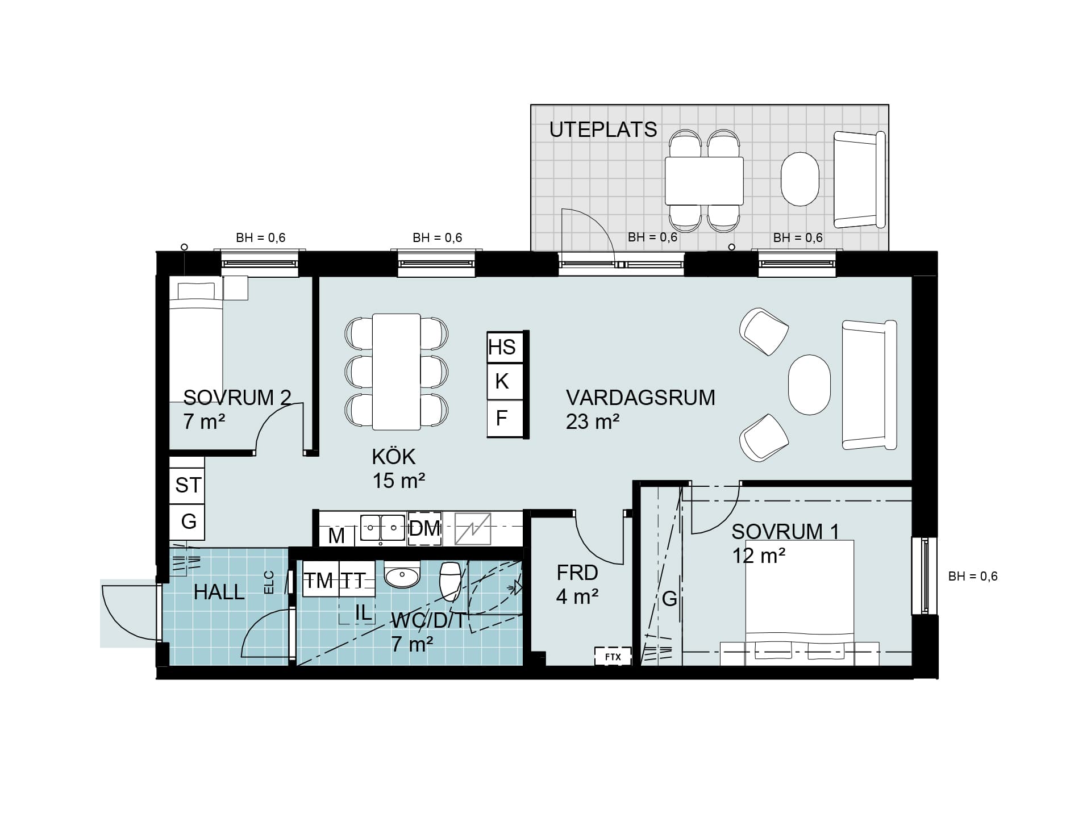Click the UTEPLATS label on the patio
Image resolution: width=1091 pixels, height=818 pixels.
tap(603, 130)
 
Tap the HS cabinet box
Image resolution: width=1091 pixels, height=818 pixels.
tap(503, 347)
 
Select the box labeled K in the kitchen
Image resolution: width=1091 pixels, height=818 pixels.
tap(503, 382)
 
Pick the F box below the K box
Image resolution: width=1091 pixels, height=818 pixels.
tap(503, 419)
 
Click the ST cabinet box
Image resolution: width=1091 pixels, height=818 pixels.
tap(187, 486)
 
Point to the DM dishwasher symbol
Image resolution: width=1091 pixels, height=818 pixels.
tap(424, 529)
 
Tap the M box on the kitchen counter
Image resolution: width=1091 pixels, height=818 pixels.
tap(337, 535)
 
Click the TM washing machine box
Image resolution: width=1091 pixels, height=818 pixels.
tap(320, 579)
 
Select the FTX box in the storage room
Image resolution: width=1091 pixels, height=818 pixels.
tap(613, 657)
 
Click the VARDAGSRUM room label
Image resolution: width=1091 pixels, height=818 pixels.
tap(640, 398)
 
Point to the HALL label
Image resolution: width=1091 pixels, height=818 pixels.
tap(219, 592)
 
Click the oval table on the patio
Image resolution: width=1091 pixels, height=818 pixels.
tap(800, 178)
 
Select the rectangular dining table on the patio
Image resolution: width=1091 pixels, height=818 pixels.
tap(704, 181)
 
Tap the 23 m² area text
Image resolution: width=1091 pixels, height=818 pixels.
tap(593, 422)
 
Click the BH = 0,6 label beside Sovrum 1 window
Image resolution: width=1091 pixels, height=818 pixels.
tap(973, 577)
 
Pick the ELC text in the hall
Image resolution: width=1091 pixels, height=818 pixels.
tap(269, 582)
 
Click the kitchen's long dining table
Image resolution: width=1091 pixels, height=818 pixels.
tap(396, 372)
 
